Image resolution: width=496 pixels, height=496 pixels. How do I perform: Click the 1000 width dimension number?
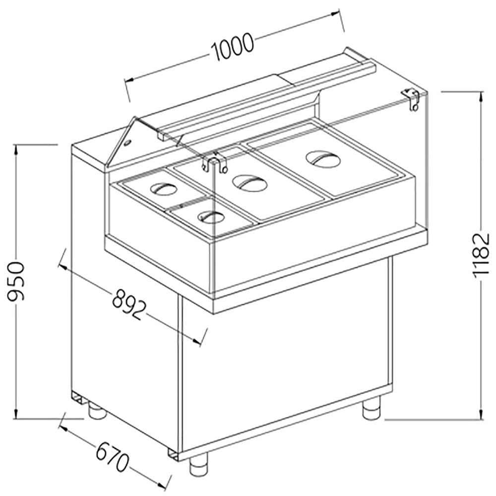click(233, 46)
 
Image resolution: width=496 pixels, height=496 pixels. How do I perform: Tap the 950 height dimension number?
click(18, 281)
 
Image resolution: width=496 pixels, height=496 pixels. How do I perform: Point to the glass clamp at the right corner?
click(412, 99)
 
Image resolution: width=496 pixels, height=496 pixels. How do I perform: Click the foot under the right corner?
click(371, 410)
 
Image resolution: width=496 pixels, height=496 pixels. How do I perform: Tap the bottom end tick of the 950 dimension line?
click(18, 418)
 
